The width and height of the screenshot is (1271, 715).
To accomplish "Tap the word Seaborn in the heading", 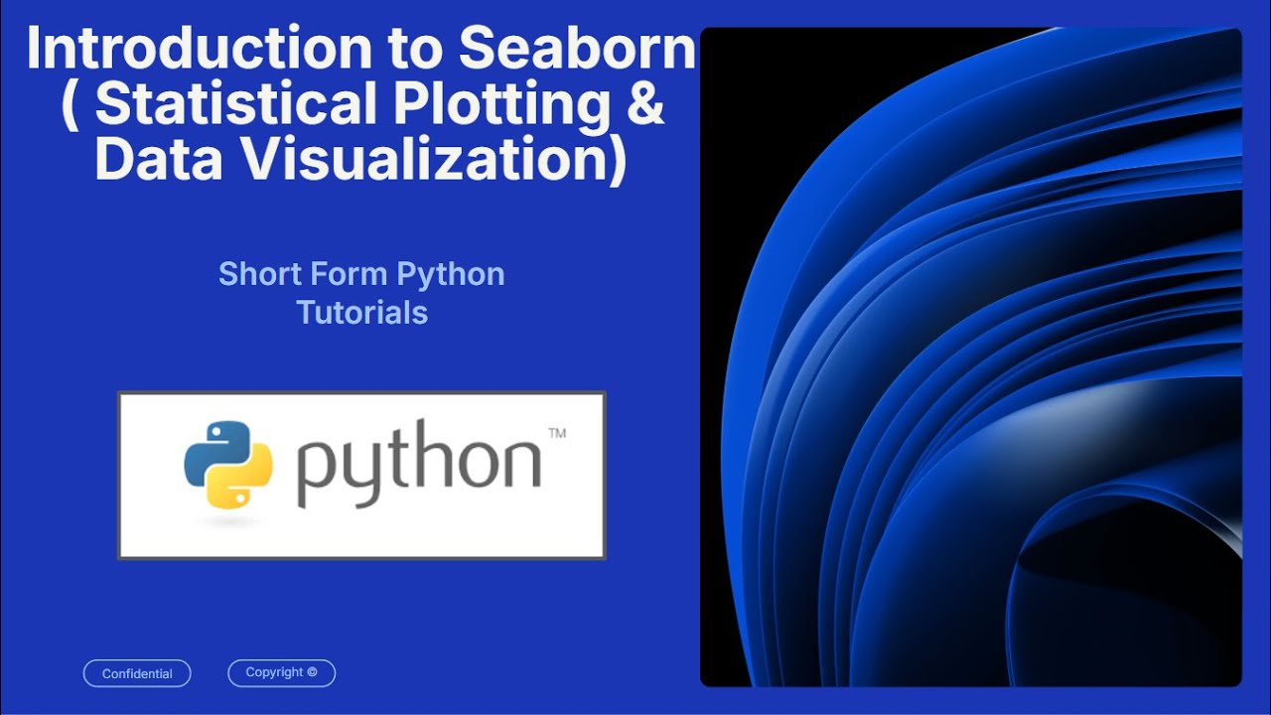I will click(x=577, y=50).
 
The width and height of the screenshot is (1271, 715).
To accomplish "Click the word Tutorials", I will click(x=361, y=313).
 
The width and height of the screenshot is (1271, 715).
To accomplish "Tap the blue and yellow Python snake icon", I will click(x=228, y=465).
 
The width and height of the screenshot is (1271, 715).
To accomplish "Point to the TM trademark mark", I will click(x=557, y=433).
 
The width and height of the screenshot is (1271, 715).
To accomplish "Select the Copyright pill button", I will click(x=281, y=672).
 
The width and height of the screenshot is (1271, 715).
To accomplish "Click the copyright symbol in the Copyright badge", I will click(x=312, y=672).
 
